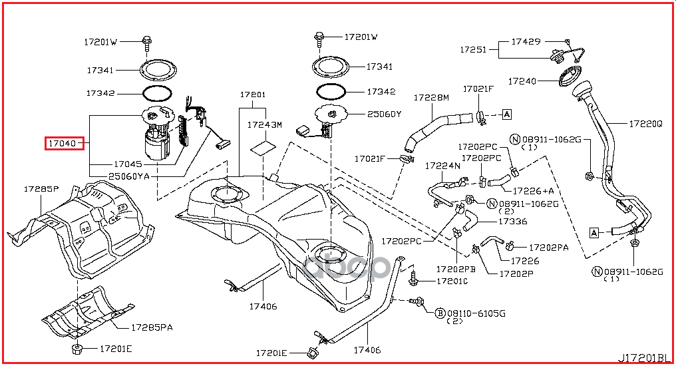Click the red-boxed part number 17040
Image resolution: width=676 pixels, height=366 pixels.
tap(62, 143)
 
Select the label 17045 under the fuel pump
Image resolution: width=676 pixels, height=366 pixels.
tap(128, 164)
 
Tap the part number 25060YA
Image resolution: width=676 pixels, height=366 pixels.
tap(129, 176)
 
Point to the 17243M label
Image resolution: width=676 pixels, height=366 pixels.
tap(264, 124)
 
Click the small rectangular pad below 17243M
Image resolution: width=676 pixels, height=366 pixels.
tap(263, 148)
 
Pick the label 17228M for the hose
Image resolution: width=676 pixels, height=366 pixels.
tap(431, 98)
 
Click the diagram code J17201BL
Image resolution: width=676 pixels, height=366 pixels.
tap(644, 358)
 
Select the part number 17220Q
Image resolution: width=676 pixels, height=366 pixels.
tap(645, 124)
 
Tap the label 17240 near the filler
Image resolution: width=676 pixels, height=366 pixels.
tap(522, 81)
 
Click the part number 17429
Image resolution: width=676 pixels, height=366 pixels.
tap(526, 41)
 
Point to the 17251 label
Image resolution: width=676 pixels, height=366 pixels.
tap(473, 49)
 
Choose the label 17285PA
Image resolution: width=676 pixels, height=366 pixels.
tap(152, 327)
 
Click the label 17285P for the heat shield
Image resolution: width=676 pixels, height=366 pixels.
tap(41, 189)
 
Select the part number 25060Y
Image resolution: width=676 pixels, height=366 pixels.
tap(384, 114)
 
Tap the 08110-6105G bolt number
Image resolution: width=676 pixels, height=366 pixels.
tap(476, 313)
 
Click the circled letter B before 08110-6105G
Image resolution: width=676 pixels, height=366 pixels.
tap(440, 313)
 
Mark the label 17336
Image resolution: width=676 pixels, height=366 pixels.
tap(512, 222)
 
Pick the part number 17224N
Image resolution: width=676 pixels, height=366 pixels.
tap(442, 166)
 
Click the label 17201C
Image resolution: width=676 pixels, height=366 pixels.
tap(452, 281)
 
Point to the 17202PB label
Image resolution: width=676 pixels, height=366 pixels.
tap(456, 269)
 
